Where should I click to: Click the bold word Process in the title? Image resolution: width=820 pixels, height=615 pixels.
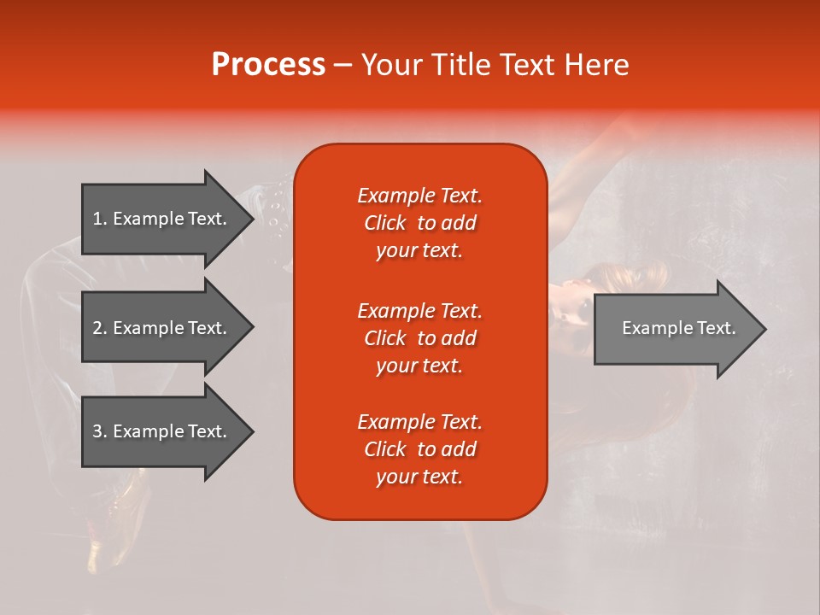pyautogui.click(x=268, y=65)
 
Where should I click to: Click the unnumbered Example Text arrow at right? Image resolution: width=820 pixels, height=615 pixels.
pyautogui.click(x=678, y=328)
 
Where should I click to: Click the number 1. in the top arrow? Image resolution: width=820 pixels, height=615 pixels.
pyautogui.click(x=100, y=219)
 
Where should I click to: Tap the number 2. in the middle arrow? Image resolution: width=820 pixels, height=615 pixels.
pyautogui.click(x=100, y=328)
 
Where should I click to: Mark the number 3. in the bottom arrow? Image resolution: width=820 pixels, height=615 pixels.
pyautogui.click(x=100, y=431)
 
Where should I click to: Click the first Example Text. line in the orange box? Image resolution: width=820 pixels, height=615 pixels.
pyautogui.click(x=419, y=196)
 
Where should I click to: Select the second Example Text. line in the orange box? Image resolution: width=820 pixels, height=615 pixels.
pyautogui.click(x=419, y=311)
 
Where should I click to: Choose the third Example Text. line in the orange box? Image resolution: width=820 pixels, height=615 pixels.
pyautogui.click(x=419, y=422)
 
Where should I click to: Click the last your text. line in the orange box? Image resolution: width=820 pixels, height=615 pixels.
pyautogui.click(x=419, y=477)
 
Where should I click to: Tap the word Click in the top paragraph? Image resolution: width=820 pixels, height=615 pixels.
pyautogui.click(x=385, y=223)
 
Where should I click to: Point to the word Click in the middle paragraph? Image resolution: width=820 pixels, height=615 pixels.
pyautogui.click(x=385, y=338)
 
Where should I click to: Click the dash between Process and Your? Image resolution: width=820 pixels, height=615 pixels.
pyautogui.click(x=343, y=65)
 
